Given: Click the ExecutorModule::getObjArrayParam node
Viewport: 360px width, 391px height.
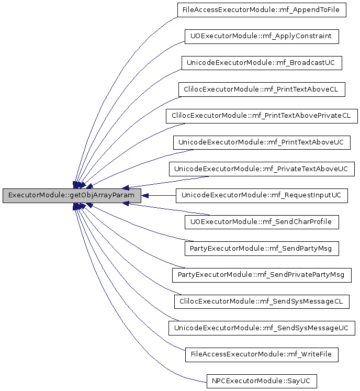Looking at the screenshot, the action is pos(72,196).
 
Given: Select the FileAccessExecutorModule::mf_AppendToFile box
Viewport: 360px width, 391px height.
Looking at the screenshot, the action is pos(262,10).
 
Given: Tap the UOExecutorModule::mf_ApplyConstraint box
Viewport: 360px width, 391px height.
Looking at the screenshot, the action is pos(262,37).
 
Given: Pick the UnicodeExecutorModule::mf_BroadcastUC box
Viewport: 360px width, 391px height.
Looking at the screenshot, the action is pos(262,63).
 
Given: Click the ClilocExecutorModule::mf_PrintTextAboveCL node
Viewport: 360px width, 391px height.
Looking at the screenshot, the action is pos(262,90).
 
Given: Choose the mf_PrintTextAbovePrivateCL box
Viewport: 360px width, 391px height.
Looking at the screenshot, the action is pos(262,116).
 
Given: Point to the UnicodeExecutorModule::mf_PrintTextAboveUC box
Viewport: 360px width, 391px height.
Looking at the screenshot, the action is pos(262,142).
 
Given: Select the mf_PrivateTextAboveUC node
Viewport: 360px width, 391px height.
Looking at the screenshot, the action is pos(262,169).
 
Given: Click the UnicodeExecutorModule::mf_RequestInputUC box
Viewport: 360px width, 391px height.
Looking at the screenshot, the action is pos(262,196).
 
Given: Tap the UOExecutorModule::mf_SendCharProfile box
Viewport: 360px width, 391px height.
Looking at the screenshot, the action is pos(262,222).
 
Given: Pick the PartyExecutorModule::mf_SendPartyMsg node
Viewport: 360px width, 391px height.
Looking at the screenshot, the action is pos(262,249).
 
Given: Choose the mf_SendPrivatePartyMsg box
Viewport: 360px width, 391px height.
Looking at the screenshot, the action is pos(262,275).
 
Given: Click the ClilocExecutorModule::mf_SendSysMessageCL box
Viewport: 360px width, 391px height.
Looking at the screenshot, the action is pos(262,301).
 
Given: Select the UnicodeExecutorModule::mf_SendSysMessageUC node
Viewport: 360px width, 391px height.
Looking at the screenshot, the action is pos(262,328).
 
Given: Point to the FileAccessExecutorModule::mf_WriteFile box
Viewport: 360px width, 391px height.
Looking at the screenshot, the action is pos(262,354).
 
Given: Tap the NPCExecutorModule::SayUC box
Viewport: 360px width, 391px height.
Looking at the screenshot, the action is pos(262,381).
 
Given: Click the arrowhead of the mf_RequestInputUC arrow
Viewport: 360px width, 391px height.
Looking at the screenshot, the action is pos(145,196).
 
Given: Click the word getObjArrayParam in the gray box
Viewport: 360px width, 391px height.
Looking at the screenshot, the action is pos(102,195).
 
